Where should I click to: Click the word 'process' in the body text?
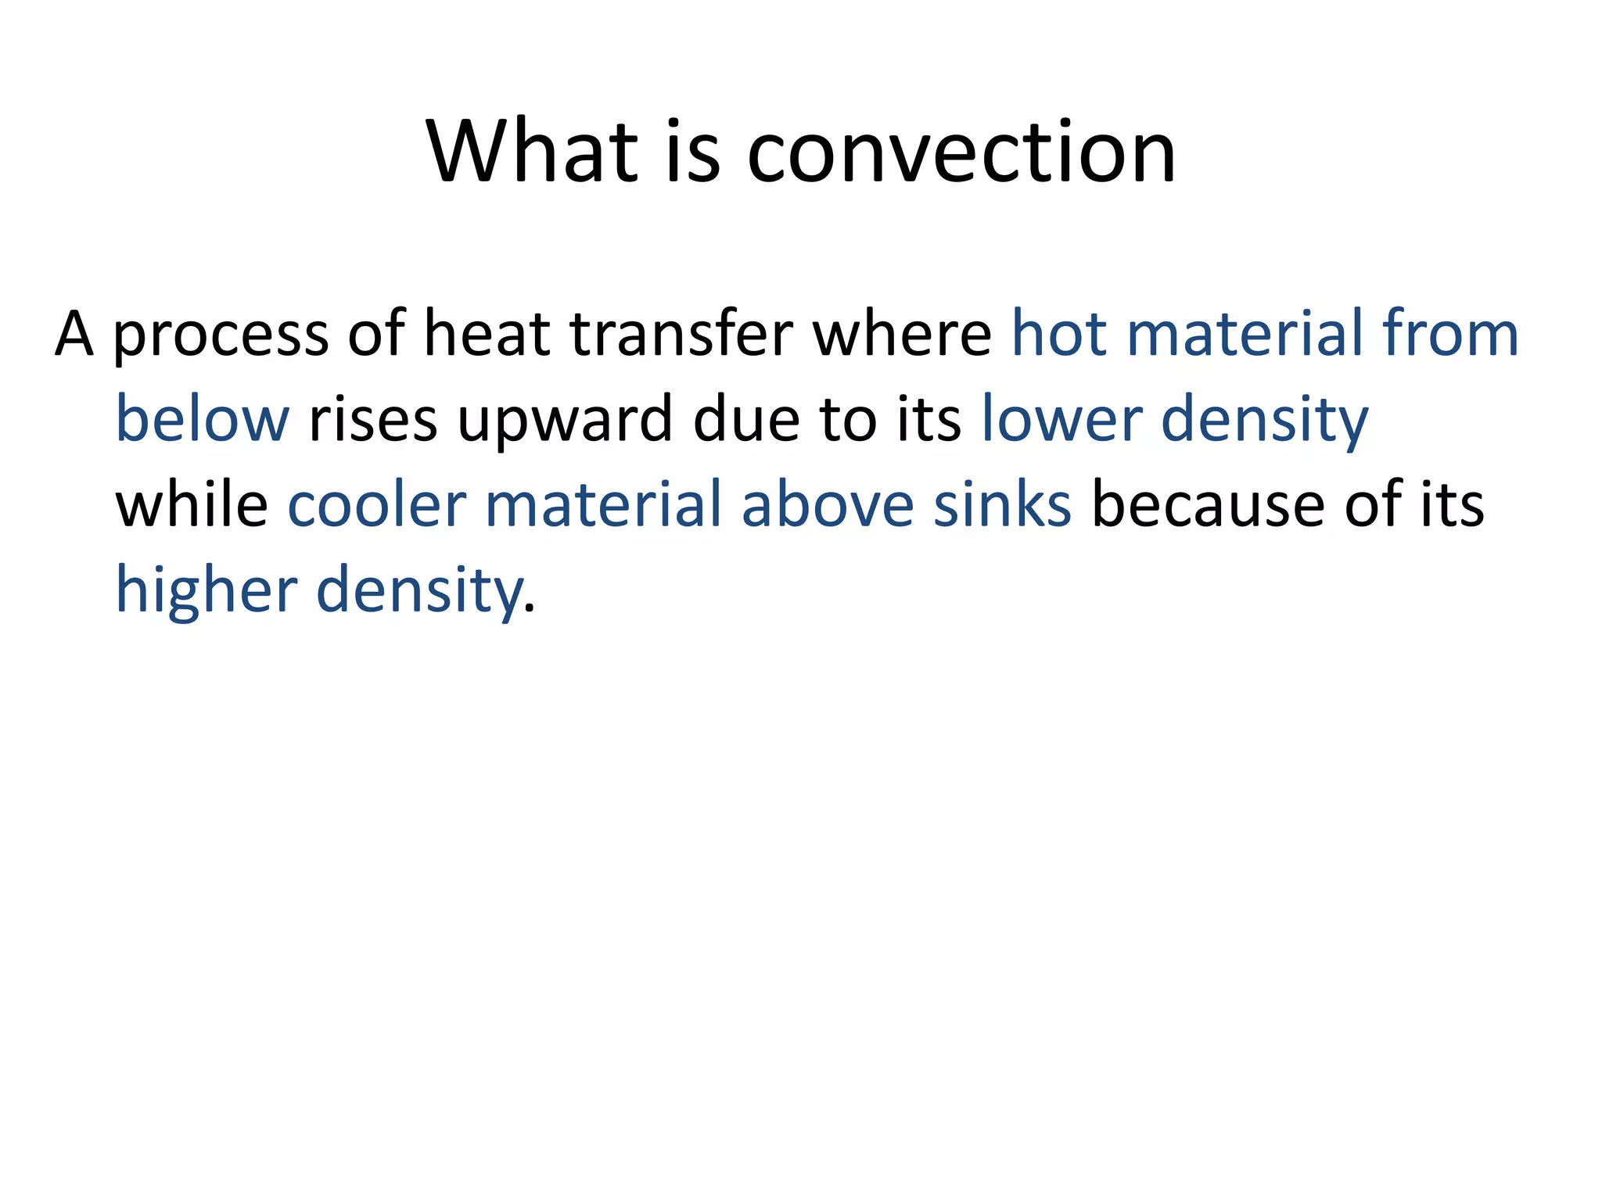coord(221,335)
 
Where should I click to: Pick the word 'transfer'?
coord(681,335)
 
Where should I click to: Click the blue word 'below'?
coord(203,420)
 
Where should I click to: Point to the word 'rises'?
coord(373,420)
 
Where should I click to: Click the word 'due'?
coord(746,420)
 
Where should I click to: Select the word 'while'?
coord(192,505)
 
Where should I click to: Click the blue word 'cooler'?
coord(377,505)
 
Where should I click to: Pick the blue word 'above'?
coord(827,505)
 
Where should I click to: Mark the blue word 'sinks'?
coord(1002,505)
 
